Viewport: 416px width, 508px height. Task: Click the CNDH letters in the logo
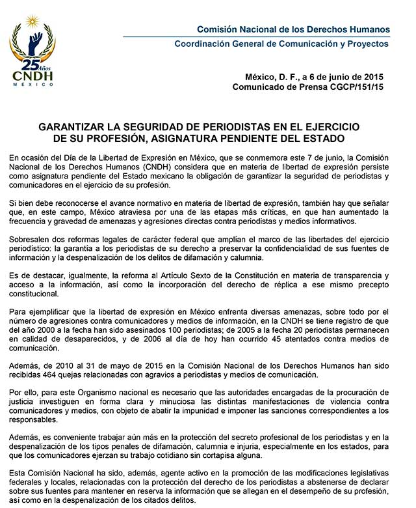coord(32,78)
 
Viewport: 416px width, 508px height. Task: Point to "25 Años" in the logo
coord(32,64)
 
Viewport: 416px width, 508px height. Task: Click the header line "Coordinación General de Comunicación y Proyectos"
coord(282,44)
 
